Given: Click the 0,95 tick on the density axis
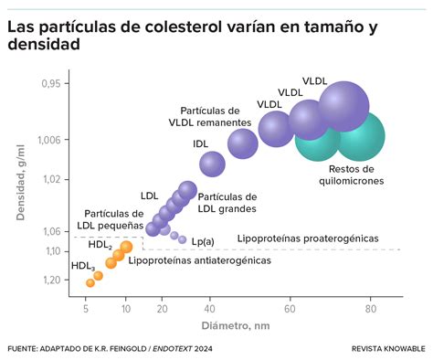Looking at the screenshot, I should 58,84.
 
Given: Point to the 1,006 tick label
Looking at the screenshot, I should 55,140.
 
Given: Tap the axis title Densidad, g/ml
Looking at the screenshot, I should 20,191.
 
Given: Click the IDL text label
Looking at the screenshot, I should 200,144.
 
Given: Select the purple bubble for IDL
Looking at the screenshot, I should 212,164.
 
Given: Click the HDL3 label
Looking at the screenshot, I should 83,266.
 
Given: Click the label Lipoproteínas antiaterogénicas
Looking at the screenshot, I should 199,260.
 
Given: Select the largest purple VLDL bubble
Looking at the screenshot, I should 343,107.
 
